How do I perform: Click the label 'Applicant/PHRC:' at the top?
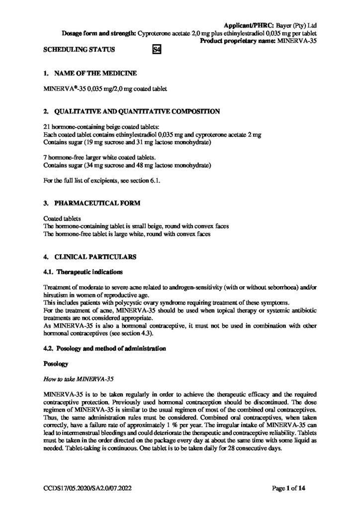coord(245,24)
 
